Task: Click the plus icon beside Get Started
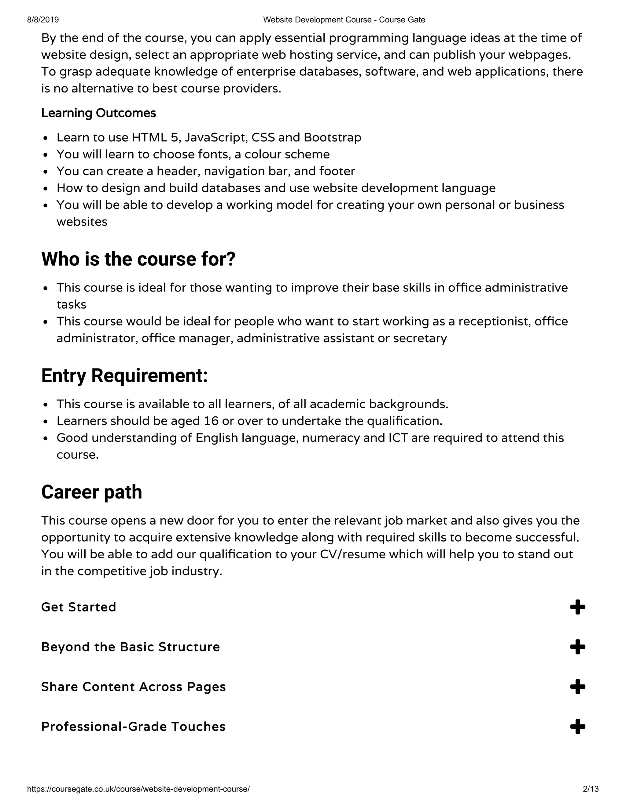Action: click(577, 607)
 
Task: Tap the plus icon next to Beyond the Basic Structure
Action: click(577, 647)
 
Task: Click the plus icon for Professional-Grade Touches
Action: click(577, 726)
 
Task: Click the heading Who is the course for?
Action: click(138, 259)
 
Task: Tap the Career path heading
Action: click(92, 492)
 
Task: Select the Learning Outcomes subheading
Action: click(99, 113)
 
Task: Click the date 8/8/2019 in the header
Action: click(43, 20)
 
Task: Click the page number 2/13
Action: click(591, 789)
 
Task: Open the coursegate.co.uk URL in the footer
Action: click(138, 789)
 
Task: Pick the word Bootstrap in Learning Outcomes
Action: click(332, 137)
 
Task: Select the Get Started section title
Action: click(79, 607)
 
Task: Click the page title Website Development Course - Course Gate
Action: click(344, 20)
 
